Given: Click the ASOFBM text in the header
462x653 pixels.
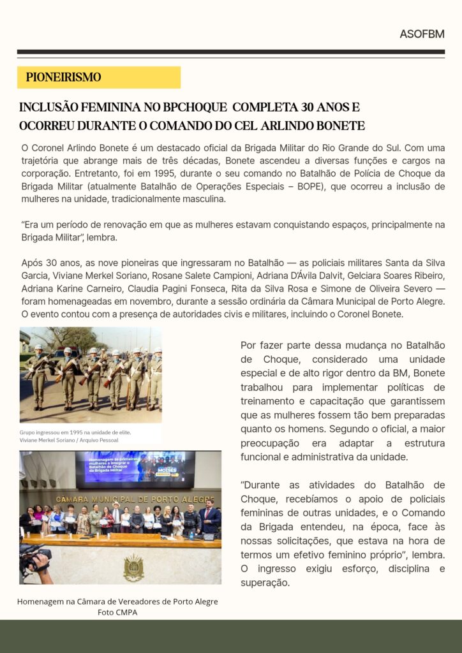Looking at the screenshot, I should pos(422,34).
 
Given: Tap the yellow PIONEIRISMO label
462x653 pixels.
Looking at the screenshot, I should pos(64,78).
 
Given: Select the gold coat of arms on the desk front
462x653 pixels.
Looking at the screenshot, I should pos(133,566).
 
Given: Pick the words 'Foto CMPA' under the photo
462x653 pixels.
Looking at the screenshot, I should pos(117,613).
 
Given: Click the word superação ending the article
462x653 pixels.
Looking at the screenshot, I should pos(265,582).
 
